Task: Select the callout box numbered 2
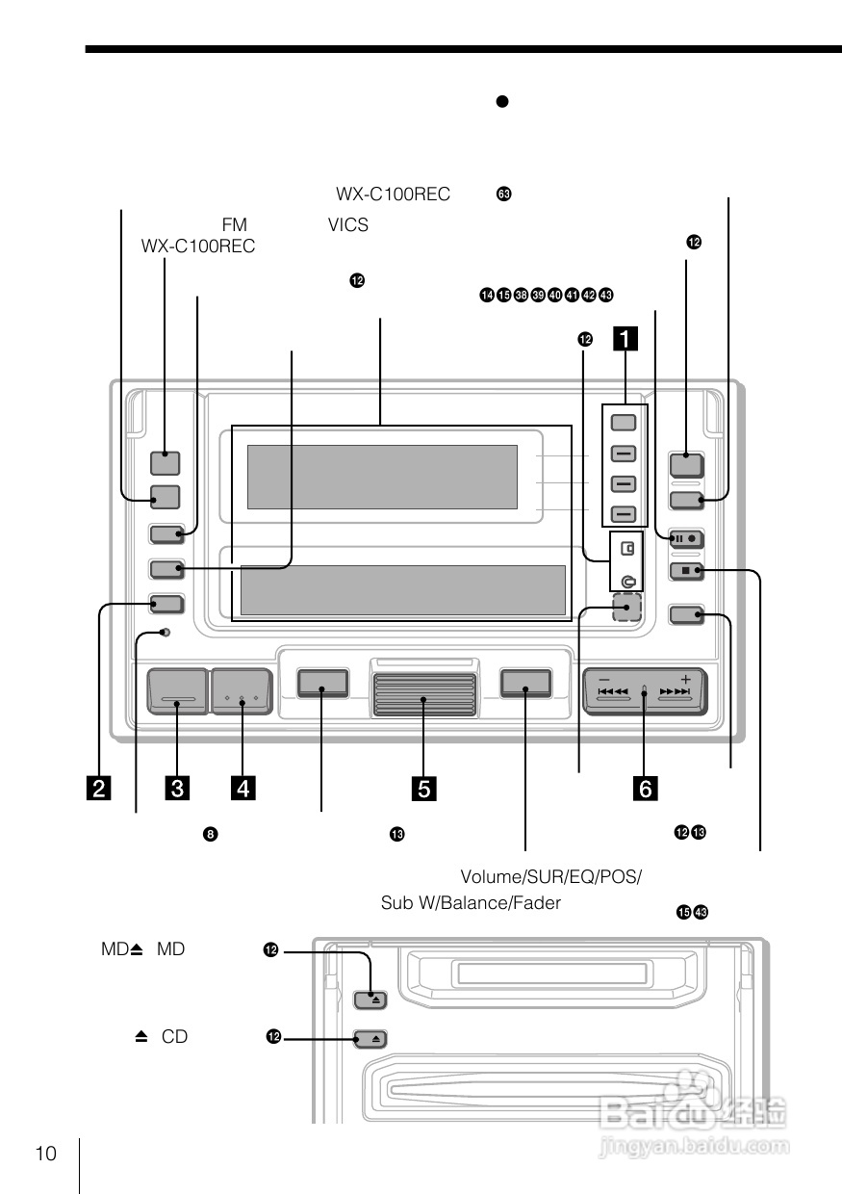pyautogui.click(x=97, y=789)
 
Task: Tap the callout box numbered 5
pyautogui.click(x=424, y=789)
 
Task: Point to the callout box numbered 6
pyautogui.click(x=645, y=789)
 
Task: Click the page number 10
pyautogui.click(x=46, y=1155)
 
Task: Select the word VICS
pyautogui.click(x=347, y=225)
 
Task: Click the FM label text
pyautogui.click(x=235, y=225)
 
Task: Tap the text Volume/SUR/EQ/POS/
pyautogui.click(x=550, y=877)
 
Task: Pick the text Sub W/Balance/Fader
pyautogui.click(x=471, y=903)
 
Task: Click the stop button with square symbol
pyautogui.click(x=687, y=571)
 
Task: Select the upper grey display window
pyautogui.click(x=382, y=477)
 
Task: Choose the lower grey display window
pyautogui.click(x=402, y=590)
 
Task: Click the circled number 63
pyautogui.click(x=503, y=195)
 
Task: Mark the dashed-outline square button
pyautogui.click(x=626, y=609)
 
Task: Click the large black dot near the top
pyautogui.click(x=501, y=101)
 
